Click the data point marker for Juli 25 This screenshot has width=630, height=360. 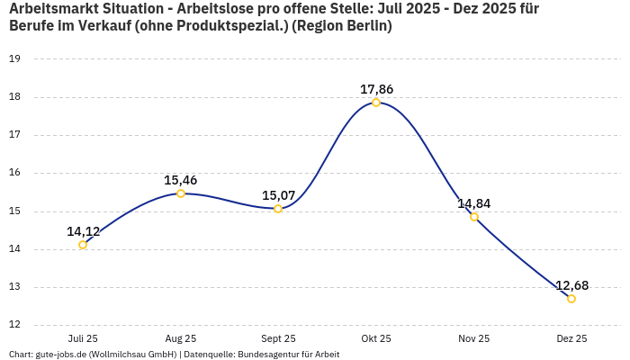[83, 245]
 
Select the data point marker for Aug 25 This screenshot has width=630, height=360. [181, 193]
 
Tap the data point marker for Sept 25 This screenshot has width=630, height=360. [278, 209]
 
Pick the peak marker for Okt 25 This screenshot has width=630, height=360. [376, 103]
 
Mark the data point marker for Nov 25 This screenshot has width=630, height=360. [474, 217]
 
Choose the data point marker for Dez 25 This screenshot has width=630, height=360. [571, 299]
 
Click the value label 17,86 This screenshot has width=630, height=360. [376, 89]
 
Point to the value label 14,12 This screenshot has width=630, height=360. [83, 231]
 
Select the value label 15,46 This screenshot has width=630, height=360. [181, 180]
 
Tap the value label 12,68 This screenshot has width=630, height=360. [571, 285]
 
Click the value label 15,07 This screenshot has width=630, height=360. [278, 195]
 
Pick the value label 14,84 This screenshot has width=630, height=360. [474, 203]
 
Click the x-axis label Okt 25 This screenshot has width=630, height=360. [376, 338]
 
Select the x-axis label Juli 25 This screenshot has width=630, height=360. [83, 338]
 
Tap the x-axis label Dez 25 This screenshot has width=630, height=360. [571, 338]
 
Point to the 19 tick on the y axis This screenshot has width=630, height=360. [14, 59]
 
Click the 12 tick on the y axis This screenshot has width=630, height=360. [14, 326]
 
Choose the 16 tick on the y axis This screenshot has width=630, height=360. [14, 173]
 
